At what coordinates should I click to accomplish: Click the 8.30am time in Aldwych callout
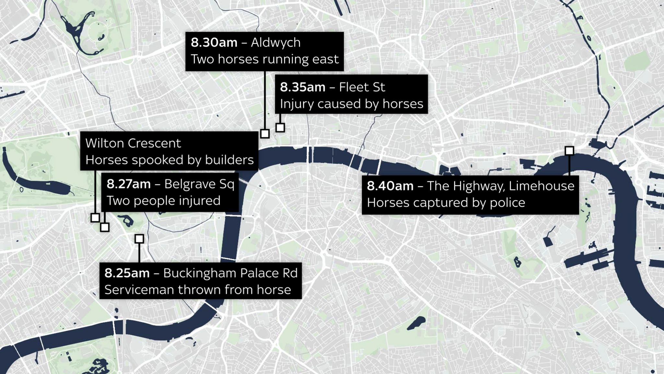pyautogui.click(x=214, y=43)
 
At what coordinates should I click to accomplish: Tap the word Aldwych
pyautogui.click(x=276, y=43)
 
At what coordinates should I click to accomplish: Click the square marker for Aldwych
pyautogui.click(x=265, y=133)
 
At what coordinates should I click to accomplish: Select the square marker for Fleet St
pyautogui.click(x=280, y=128)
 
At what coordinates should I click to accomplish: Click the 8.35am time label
pyautogui.click(x=302, y=87)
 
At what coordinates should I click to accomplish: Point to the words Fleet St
pyautogui.click(x=362, y=87)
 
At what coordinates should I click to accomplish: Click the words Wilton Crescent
pyautogui.click(x=133, y=143)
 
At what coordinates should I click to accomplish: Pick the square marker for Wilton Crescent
pyautogui.click(x=95, y=218)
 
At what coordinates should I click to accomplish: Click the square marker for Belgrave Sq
pyautogui.click(x=104, y=227)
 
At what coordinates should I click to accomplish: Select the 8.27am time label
pyautogui.click(x=129, y=184)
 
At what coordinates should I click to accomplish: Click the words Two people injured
pyautogui.click(x=163, y=201)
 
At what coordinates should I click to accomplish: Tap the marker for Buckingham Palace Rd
pyautogui.click(x=139, y=239)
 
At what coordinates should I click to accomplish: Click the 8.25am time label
pyautogui.click(x=127, y=273)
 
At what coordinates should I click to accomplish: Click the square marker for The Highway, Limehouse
pyautogui.click(x=569, y=151)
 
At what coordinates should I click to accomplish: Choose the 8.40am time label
pyautogui.click(x=390, y=186)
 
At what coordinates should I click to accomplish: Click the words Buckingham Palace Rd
pyautogui.click(x=230, y=273)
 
